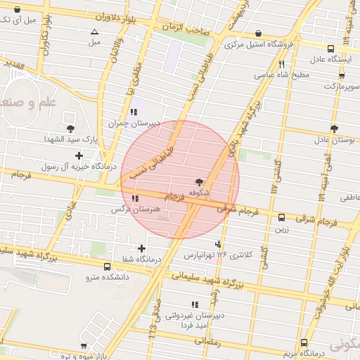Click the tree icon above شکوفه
[x=198, y=181]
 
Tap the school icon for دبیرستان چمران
[x=134, y=112]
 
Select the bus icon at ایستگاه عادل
[x=331, y=49]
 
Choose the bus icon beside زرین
[x=281, y=218]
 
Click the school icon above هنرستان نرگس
[x=134, y=198]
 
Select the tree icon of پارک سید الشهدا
[x=70, y=128]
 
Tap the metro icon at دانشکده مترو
[x=107, y=267]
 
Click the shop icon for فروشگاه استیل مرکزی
[x=259, y=33]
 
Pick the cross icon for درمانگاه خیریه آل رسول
[x=79, y=155]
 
